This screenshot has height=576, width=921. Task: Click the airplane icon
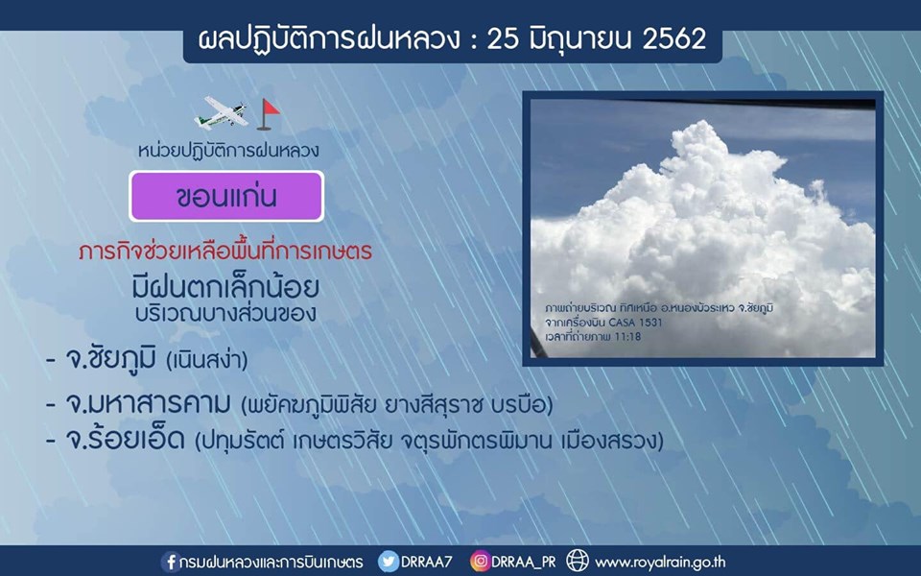221,113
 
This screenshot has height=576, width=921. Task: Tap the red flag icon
269,114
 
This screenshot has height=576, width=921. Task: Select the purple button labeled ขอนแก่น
226,196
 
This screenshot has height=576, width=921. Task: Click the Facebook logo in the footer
170,562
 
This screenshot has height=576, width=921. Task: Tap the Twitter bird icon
388,562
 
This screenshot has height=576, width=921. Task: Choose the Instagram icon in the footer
480,562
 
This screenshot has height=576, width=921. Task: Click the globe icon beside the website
577,561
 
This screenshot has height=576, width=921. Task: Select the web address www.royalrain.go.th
660,563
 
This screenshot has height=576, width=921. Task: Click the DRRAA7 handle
426,562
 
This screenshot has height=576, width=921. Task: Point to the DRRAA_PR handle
524,563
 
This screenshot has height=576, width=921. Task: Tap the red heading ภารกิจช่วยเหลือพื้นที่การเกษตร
225,252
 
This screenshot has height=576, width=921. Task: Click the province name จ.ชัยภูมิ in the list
111,357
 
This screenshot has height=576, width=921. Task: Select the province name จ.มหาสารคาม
149,404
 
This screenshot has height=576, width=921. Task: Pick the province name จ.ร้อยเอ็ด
126,439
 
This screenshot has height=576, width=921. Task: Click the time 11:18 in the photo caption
627,337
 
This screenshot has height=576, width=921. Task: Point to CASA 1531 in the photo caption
635,323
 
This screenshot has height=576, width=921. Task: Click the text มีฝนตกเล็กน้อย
225,287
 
